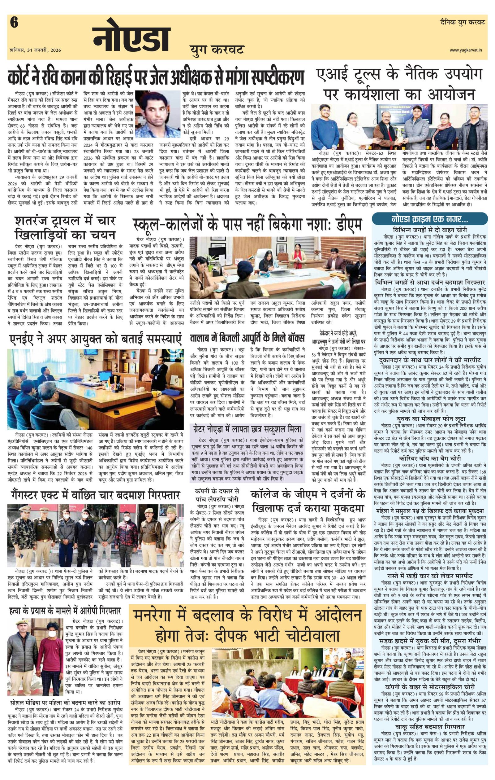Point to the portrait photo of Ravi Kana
pyautogui.click(x=155, y=114)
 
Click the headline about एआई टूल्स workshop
pyautogui.click(x=398, y=85)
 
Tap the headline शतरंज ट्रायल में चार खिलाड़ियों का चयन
pyautogui.click(x=65, y=227)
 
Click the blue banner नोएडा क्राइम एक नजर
pyautogui.click(x=430, y=219)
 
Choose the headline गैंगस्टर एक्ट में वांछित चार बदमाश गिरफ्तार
pyautogui.click(x=94, y=495)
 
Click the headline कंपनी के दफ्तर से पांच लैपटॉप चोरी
pyautogui.click(x=219, y=495)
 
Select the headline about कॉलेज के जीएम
pyautogui.click(x=308, y=501)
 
